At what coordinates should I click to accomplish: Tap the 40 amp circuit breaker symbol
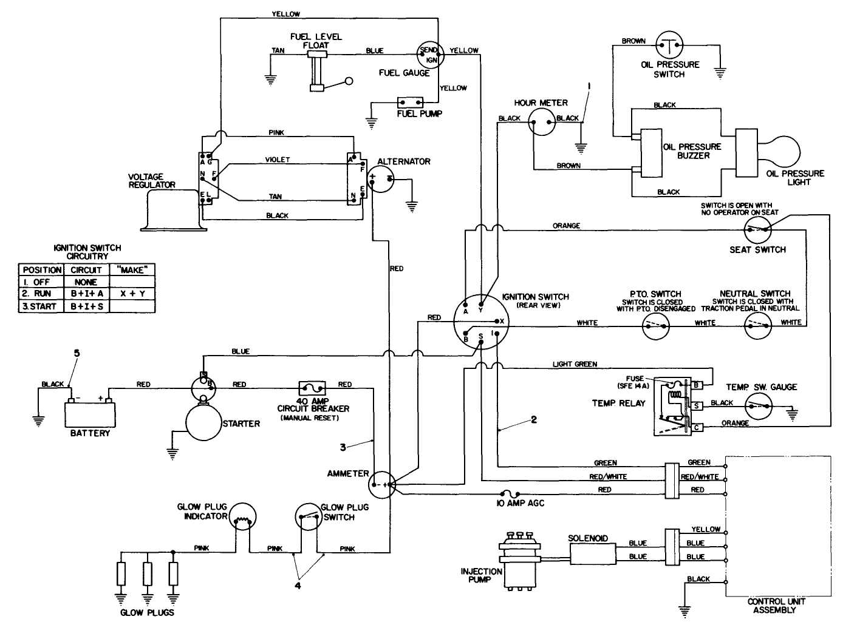(312, 387)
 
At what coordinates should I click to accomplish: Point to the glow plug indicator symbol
(244, 519)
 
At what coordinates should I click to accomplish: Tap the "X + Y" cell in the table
(132, 294)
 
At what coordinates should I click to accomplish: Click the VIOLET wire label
(278, 160)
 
